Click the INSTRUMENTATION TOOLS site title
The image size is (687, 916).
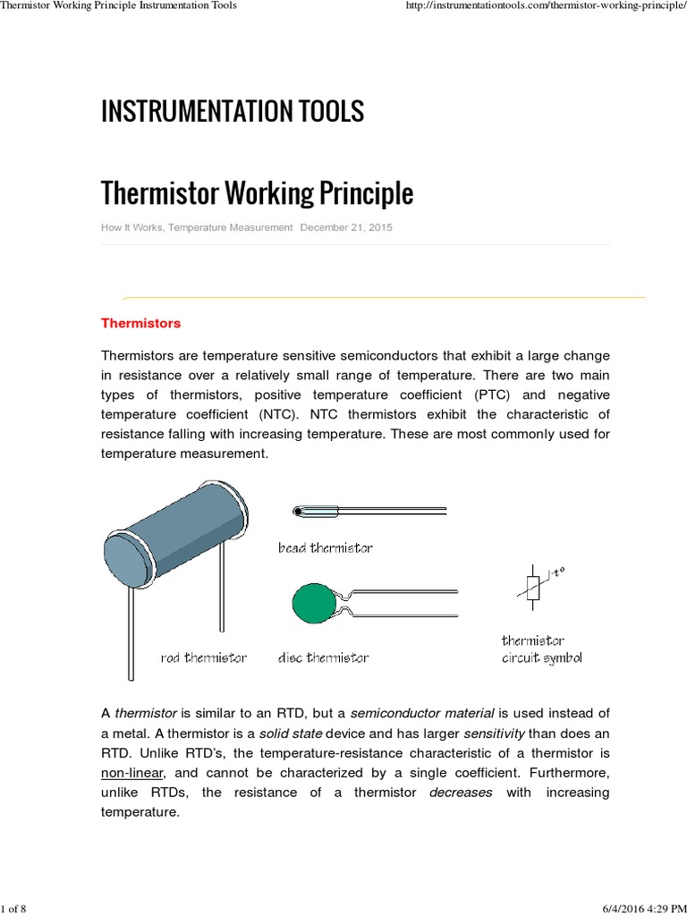click(233, 112)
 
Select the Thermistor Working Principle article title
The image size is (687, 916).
click(257, 192)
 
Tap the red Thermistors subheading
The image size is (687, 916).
click(140, 323)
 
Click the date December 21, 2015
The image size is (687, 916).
click(346, 228)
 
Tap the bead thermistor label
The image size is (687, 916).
click(325, 547)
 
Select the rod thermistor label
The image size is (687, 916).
click(203, 657)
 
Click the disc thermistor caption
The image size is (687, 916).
click(323, 657)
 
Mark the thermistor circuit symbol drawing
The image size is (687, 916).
click(535, 587)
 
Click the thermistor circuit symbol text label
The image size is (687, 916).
click(541, 649)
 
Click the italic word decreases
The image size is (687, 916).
click(460, 793)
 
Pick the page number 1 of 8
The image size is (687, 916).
click(15, 909)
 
